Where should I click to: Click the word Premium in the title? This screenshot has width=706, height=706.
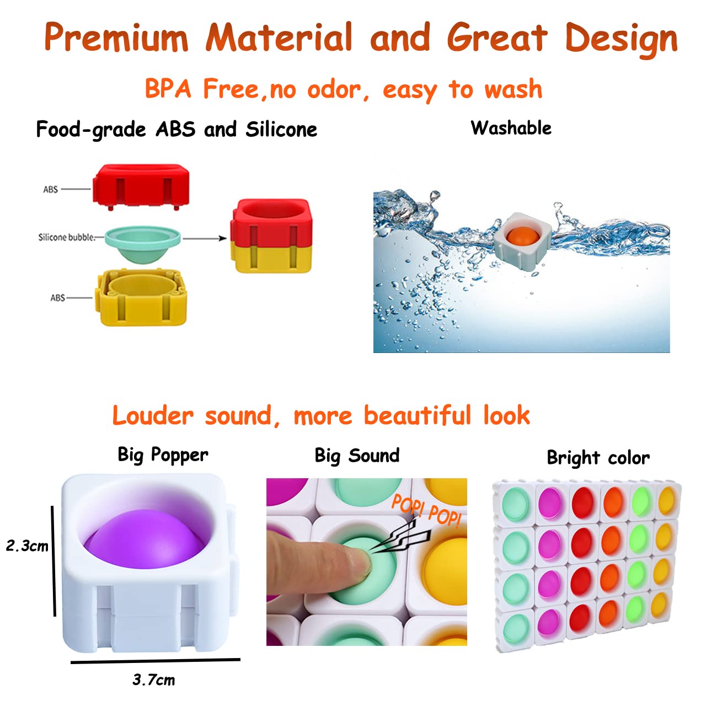pos(116,39)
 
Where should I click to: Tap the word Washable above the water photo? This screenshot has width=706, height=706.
pos(511,128)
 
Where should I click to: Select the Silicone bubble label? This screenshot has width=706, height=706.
pos(66,238)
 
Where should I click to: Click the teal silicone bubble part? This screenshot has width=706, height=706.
pos(142,243)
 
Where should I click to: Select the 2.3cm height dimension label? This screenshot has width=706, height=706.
pos(27,546)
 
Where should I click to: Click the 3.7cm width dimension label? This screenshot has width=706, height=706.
pos(153,680)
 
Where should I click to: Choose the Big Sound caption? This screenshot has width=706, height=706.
pos(357,456)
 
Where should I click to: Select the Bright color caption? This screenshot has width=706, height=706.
pos(598,458)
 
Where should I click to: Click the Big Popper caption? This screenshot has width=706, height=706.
pos(163,455)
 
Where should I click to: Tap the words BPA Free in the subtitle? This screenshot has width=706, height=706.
pos(202,89)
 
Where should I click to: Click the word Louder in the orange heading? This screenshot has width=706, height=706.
pos(153,416)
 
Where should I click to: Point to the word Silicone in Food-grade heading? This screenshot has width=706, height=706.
pos(281,130)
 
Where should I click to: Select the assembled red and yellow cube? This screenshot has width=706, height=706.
pos(271,236)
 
